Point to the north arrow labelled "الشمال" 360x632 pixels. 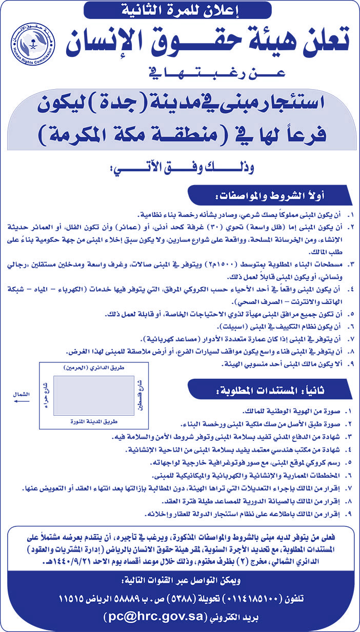coord(21,398)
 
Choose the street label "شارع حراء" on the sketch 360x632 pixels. coord(47,395)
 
